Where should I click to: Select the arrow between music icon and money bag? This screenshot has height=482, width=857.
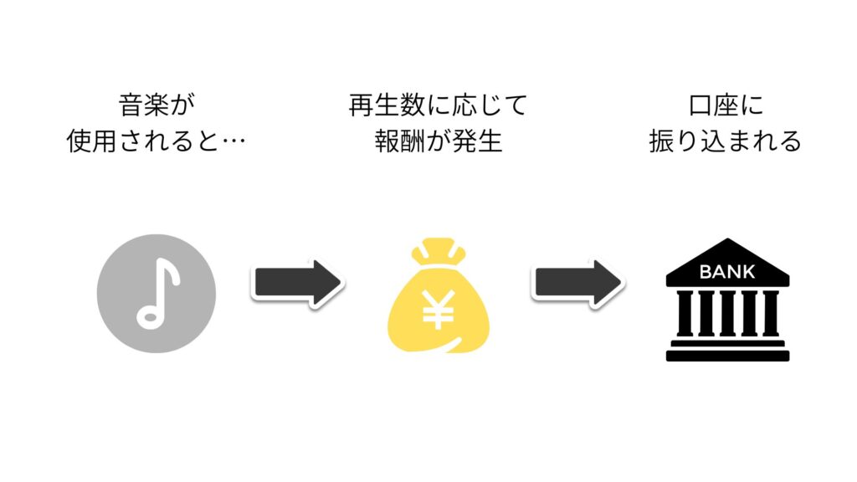[298, 283]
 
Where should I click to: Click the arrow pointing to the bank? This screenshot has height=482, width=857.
[577, 283]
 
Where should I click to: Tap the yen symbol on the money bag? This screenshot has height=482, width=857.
[439, 309]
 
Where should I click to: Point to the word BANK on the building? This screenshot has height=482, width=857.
[727, 272]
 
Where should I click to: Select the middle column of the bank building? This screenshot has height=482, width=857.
[727, 313]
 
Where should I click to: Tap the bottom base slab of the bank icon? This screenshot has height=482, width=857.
[727, 356]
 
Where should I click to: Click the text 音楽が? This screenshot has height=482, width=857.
[157, 105]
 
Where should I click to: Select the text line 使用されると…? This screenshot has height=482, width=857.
[157, 141]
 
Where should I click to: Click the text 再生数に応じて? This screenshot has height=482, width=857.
[439, 105]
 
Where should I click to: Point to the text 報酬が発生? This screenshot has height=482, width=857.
[439, 141]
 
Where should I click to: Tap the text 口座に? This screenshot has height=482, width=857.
[726, 105]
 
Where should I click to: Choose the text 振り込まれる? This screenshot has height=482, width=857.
[726, 141]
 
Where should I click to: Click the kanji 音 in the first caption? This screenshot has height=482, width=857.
[131, 105]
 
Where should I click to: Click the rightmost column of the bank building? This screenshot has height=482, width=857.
[770, 313]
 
